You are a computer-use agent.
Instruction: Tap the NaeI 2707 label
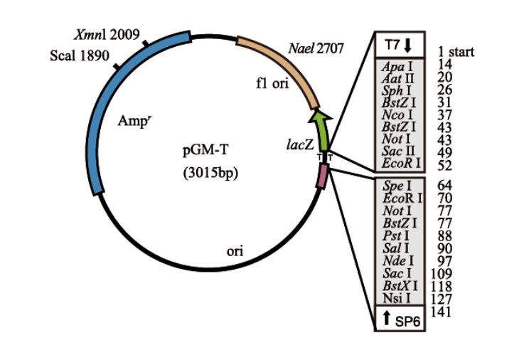pos(316,49)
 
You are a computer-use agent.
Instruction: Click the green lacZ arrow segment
pos(322,130)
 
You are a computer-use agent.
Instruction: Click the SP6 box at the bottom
pos(401,319)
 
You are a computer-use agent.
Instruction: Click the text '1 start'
pos(451,52)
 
